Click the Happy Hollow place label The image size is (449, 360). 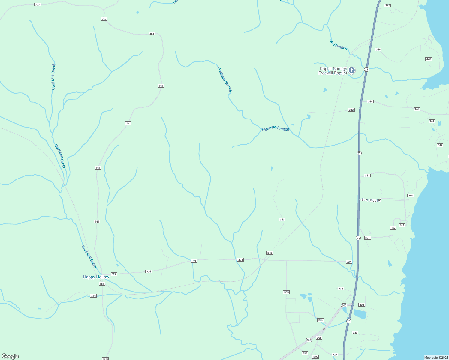click(x=96, y=277)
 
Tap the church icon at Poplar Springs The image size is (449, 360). click(x=352, y=70)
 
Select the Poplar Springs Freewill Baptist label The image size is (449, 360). click(x=333, y=71)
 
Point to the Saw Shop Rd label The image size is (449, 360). click(x=371, y=200)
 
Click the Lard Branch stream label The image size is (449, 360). click(x=338, y=44)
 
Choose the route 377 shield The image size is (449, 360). click(x=387, y=5)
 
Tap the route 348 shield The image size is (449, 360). click(x=378, y=49)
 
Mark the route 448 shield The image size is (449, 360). click(x=429, y=59)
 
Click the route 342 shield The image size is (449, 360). click(x=351, y=110)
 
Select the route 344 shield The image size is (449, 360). click(x=432, y=121)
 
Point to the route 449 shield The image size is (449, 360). click(x=440, y=145)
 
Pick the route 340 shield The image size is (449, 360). click(x=411, y=196)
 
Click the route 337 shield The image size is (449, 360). click(x=393, y=228)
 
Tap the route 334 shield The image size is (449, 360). click(x=368, y=238)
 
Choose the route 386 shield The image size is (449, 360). click(x=93, y=296)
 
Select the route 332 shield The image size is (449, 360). click(x=341, y=289)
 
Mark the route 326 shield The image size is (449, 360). click(x=321, y=320)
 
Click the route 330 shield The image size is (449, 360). click(x=355, y=333)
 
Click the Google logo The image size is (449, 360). click(x=10, y=356)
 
